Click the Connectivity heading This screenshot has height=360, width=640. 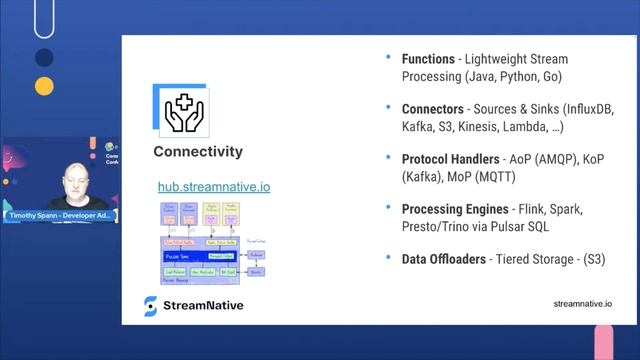pos(198,152)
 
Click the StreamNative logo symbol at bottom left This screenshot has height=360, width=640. pos(151,306)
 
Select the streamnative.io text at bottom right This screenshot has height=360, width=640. pos(582,304)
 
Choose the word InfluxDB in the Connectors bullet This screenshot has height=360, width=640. pos(587,109)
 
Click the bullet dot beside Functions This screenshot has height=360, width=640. pos(388,58)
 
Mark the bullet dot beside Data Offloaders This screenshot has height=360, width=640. pos(388,257)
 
